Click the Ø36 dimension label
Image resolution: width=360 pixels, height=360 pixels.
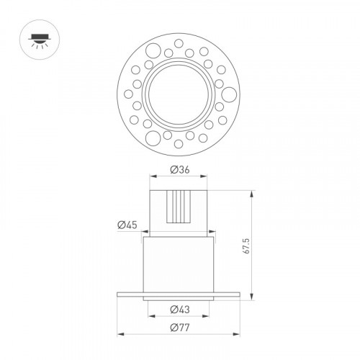(180, 170)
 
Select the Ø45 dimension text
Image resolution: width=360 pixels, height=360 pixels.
(127, 225)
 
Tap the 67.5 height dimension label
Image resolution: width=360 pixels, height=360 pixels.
(246, 246)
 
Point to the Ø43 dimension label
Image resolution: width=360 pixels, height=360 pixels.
(180, 310)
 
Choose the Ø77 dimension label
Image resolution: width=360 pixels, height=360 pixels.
(180, 327)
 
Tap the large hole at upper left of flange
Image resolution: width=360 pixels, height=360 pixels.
(153, 50)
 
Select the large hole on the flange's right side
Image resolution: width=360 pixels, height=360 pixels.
(229, 94)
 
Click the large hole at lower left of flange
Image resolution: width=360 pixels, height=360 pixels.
(153, 138)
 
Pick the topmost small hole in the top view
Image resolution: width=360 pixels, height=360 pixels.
(179, 43)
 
